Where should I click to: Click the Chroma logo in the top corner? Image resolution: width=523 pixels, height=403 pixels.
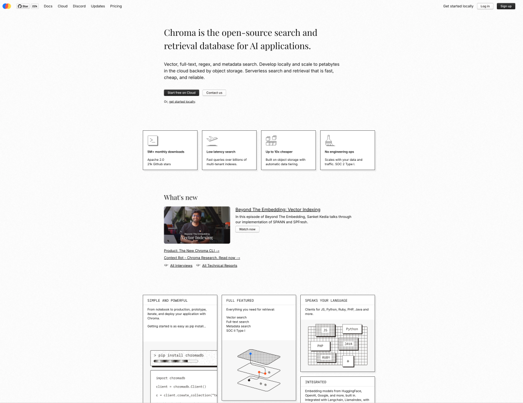7,6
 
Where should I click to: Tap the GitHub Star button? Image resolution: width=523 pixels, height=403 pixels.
23,6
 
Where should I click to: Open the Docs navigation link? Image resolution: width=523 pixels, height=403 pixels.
48,6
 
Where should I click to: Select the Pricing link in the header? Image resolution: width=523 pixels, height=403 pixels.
116,6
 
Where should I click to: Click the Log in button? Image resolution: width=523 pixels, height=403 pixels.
485,6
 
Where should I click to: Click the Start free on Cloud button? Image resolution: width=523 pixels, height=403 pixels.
182,93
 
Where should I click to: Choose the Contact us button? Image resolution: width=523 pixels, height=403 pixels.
214,93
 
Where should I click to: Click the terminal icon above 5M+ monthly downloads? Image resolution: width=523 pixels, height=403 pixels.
153,140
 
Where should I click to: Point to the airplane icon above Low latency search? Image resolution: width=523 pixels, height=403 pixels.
212,140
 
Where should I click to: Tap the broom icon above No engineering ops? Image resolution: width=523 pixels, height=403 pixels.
330,140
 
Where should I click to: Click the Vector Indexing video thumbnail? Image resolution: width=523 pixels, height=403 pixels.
197,225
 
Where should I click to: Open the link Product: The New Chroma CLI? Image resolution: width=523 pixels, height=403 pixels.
191,250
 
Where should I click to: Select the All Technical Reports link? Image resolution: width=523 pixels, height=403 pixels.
219,265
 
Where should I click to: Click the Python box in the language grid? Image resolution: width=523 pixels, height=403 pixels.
352,329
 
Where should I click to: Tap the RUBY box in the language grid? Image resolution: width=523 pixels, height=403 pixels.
326,357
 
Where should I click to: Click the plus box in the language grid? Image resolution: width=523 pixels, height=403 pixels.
348,361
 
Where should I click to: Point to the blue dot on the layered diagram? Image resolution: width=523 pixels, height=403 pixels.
250,353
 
